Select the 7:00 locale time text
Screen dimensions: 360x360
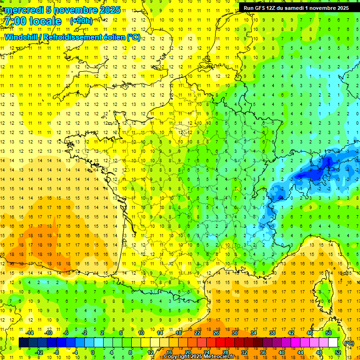33,21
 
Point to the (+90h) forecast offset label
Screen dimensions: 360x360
81,21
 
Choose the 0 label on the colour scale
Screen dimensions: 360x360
93,352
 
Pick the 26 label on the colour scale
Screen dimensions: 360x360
216,333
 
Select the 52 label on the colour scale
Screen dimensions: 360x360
337,352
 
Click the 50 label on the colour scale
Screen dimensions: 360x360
329,333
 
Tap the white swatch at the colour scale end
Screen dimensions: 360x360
333,343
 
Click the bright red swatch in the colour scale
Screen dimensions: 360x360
220,343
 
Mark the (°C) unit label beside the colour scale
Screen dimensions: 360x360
349,343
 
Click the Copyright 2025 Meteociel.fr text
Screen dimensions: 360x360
195,357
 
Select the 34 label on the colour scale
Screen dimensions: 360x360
254,333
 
